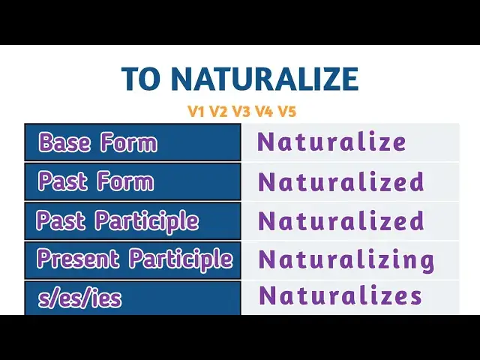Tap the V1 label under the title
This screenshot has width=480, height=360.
point(196,112)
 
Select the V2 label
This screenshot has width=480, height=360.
point(219,112)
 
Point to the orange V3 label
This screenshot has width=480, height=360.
point(241,112)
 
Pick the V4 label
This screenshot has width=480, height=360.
point(264,112)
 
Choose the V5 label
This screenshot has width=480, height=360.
point(286,112)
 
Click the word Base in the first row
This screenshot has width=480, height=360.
point(65,142)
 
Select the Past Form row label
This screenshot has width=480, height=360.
point(95,181)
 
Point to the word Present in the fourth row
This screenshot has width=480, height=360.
point(79,259)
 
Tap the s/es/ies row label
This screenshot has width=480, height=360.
point(79,299)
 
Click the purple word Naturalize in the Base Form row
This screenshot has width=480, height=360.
point(331,142)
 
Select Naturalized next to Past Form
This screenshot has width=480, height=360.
point(341,181)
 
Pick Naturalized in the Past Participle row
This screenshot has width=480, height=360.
point(341,221)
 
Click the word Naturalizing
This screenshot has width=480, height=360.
point(346,260)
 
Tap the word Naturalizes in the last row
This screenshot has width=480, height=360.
point(340,295)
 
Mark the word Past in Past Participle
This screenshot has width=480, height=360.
point(61,221)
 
